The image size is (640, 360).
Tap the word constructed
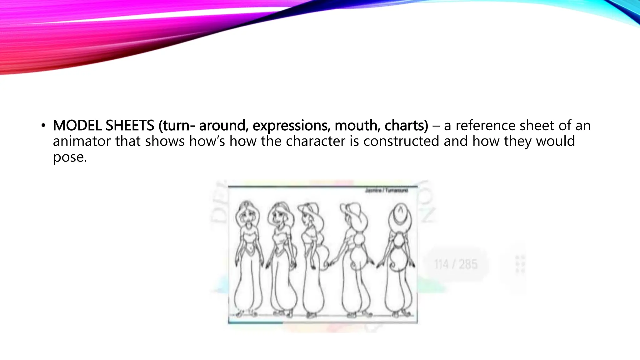coord(401,141)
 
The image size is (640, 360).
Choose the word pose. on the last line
coord(70,157)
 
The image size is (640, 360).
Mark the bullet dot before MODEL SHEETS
coord(43,126)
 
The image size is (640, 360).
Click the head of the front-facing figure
coord(247,212)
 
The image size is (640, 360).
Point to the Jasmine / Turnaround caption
coord(386,191)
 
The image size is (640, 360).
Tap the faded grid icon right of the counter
coord(519,264)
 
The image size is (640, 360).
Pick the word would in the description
coord(555,141)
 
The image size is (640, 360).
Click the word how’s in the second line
coord(207,141)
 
